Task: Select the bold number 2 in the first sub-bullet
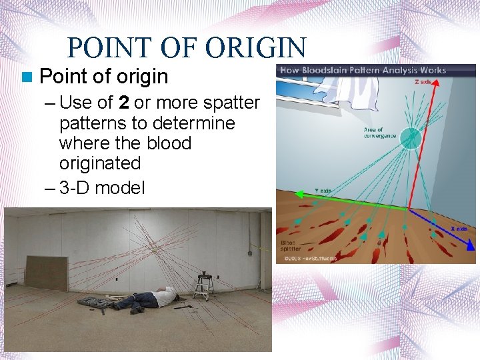click(123, 103)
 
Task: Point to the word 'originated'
click(100, 163)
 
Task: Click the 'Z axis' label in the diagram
click(423, 82)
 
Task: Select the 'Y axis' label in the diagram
click(323, 191)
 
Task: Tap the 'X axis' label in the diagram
click(459, 229)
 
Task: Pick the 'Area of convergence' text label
click(379, 133)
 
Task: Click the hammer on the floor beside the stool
click(183, 306)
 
